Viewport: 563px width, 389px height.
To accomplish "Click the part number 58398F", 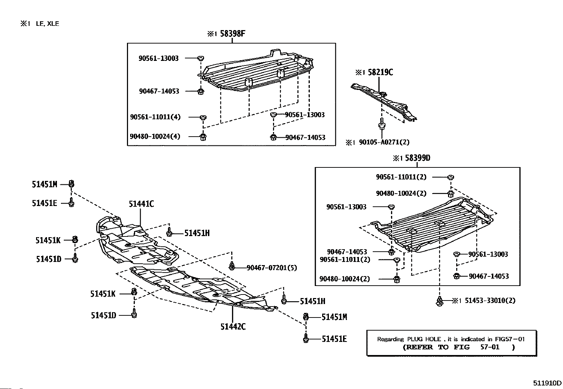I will (x=232, y=34).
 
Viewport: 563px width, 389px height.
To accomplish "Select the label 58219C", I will (x=380, y=72).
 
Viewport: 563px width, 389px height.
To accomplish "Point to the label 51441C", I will (x=141, y=204).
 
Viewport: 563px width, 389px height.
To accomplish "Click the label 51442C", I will (x=233, y=326).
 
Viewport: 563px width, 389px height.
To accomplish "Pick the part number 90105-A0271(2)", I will (x=384, y=142).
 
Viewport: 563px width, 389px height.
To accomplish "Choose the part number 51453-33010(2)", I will (x=490, y=301).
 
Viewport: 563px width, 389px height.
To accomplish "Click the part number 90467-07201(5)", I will (x=272, y=268).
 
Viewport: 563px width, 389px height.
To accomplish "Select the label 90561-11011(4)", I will (x=155, y=117).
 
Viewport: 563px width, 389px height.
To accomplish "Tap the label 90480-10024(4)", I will (x=155, y=136).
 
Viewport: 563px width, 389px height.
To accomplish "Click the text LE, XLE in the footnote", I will (x=47, y=24).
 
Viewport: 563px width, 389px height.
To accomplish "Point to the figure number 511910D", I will (x=547, y=383).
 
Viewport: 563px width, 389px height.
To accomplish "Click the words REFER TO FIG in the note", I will (x=436, y=347).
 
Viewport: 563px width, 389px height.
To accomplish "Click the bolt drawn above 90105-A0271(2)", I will (x=382, y=125).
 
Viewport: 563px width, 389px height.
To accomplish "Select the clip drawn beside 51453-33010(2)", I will (x=440, y=302).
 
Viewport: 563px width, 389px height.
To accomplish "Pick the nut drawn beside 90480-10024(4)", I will (x=203, y=137).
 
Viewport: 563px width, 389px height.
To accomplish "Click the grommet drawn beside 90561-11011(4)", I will (x=203, y=118).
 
